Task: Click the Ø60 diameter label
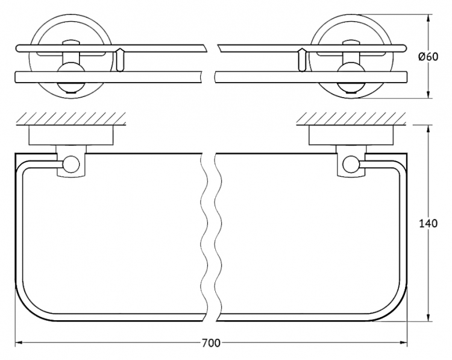(428, 57)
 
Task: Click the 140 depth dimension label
(428, 223)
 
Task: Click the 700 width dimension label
(211, 343)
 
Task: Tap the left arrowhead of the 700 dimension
(19, 343)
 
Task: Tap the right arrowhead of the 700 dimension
(404, 343)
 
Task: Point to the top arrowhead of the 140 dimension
(429, 129)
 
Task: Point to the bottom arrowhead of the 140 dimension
(429, 317)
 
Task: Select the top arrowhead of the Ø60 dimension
(429, 19)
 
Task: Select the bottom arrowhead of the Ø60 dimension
(429, 94)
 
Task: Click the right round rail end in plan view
(351, 164)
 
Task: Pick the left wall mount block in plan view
(71, 135)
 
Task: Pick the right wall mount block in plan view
(351, 135)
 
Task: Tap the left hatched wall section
(71, 119)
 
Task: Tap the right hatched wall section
(351, 119)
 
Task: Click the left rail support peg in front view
(120, 60)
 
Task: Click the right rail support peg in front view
(301, 60)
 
